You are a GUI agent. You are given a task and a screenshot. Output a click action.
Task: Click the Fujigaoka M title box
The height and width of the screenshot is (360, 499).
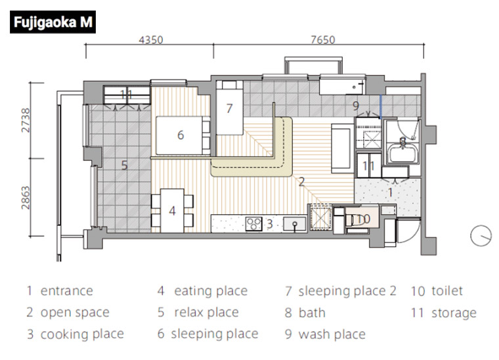[53, 22]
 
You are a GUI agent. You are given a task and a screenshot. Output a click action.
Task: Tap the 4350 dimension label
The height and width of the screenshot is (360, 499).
[151, 40]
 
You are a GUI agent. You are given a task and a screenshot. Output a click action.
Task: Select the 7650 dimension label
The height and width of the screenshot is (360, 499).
[322, 40]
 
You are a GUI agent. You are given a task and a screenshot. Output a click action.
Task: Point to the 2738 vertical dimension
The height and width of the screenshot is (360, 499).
[26, 120]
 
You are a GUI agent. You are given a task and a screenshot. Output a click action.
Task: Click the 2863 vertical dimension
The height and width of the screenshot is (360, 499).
[26, 198]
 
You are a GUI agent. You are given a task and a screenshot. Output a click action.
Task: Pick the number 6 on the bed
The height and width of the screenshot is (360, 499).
[181, 135]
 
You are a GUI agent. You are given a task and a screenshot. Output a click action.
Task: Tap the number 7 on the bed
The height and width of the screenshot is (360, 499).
[229, 108]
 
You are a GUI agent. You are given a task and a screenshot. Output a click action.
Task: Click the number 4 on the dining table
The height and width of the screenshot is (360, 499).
[172, 211]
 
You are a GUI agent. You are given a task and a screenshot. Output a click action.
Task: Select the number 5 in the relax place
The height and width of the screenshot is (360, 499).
[125, 165]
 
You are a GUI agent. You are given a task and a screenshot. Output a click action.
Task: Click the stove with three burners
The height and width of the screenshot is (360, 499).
[253, 223]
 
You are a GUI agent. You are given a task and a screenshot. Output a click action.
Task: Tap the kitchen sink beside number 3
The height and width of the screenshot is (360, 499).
[295, 223]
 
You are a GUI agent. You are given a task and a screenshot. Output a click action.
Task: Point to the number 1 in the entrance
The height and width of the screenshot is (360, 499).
[391, 192]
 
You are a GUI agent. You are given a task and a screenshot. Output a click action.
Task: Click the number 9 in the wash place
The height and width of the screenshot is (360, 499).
[356, 106]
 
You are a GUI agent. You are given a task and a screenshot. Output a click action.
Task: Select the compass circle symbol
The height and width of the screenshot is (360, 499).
[481, 236]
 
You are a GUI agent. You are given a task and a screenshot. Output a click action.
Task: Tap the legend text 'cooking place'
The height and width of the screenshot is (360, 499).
[82, 334]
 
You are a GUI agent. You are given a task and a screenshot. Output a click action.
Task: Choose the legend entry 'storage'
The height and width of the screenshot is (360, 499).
[454, 313]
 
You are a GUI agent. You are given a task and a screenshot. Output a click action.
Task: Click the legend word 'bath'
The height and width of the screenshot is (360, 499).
[312, 313]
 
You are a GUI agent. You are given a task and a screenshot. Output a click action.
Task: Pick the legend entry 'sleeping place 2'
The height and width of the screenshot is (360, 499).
[347, 291]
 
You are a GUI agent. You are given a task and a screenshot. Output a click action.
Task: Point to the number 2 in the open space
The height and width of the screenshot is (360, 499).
[301, 182]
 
